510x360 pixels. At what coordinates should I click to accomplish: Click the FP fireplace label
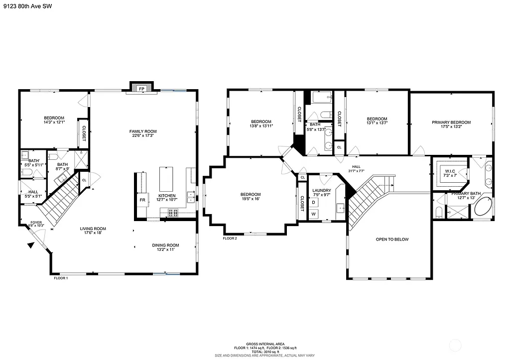pyautogui.click(x=141, y=89)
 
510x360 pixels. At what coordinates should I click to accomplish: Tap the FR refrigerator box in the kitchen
pyautogui.click(x=142, y=200)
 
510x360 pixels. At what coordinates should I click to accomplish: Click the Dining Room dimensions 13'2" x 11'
pyautogui.click(x=165, y=250)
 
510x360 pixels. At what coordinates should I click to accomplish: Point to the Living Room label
pyautogui.click(x=93, y=229)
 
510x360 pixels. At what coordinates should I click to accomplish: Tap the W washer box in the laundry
pyautogui.click(x=314, y=214)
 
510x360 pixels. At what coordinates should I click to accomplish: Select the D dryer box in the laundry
pyautogui.click(x=314, y=202)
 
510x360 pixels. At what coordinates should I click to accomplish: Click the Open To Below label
pyautogui.click(x=392, y=240)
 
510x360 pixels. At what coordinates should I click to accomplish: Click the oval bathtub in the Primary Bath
pyautogui.click(x=482, y=206)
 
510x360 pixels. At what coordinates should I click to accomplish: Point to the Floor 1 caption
pyautogui.click(x=61, y=278)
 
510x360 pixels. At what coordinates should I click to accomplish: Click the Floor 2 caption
pyautogui.click(x=230, y=239)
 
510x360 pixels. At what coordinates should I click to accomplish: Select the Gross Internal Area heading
pyautogui.click(x=265, y=344)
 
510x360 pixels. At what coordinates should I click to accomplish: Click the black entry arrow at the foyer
pyautogui.click(x=31, y=244)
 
